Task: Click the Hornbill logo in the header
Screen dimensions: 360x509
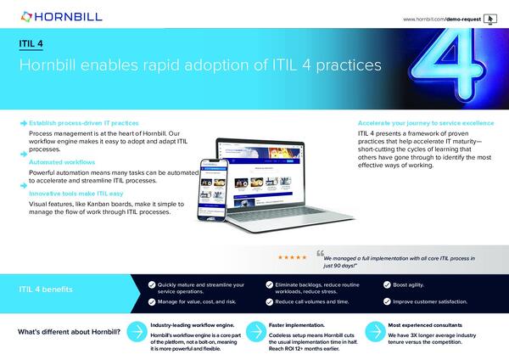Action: point(51,15)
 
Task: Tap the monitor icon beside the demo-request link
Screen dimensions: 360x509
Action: point(490,17)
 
